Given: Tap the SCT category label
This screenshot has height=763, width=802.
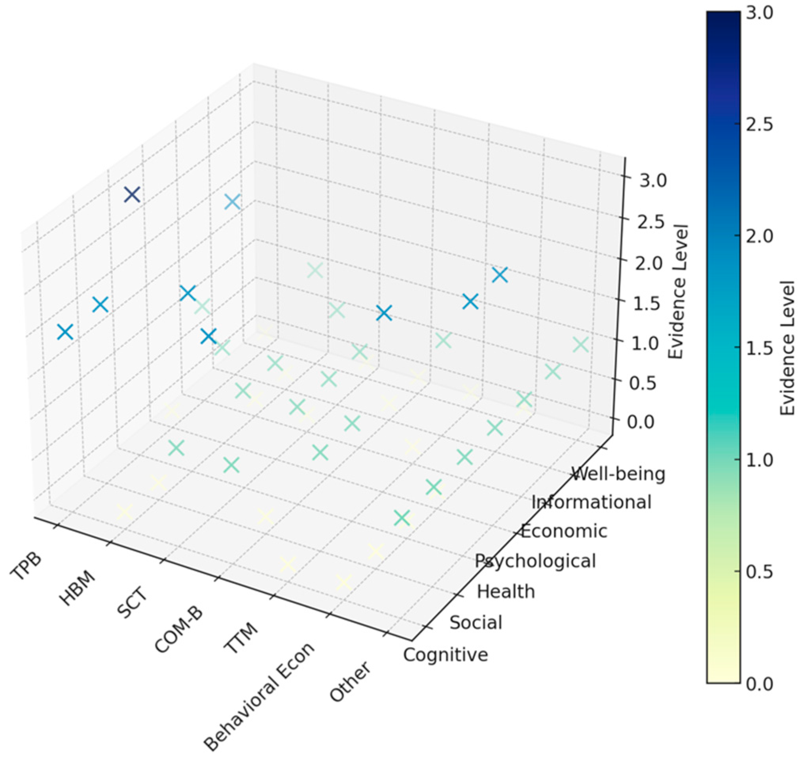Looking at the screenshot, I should (x=133, y=606).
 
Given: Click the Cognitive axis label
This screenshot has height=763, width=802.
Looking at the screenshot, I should (x=446, y=655).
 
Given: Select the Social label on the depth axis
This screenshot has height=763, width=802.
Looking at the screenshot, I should (x=476, y=623).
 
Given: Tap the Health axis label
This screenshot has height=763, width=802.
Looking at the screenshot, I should (x=505, y=591).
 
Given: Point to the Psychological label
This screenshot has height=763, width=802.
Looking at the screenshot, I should (x=535, y=561).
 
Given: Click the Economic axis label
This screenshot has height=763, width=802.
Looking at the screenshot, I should (x=564, y=531).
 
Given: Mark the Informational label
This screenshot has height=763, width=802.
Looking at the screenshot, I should (x=592, y=502).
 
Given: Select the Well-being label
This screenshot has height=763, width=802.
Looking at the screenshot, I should (x=618, y=473).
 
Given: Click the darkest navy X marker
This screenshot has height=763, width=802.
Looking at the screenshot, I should (x=132, y=195).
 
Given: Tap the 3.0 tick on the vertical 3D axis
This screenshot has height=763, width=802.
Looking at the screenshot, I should (x=653, y=180).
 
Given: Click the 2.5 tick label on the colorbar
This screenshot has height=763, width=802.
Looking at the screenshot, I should (x=759, y=125).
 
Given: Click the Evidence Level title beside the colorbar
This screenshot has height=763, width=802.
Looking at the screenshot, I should (x=787, y=348).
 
